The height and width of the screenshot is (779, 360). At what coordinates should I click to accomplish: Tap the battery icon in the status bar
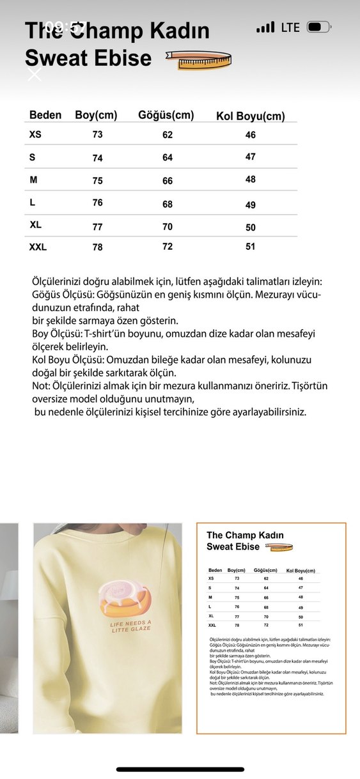tap(318, 27)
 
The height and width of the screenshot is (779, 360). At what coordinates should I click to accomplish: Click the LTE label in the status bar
tap(290, 27)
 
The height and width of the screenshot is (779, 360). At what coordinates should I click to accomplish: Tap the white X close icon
tap(35, 74)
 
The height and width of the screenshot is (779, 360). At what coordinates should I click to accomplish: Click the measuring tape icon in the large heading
tap(198, 59)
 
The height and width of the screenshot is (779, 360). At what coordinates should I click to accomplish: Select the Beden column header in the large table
tap(45, 115)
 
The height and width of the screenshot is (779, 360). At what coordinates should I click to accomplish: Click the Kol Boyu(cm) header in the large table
tap(250, 116)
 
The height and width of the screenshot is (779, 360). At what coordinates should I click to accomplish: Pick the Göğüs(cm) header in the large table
tap(166, 115)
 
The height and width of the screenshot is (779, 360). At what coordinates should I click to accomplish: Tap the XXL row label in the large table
tap(38, 247)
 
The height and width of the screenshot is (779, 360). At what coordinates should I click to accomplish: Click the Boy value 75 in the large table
tap(97, 181)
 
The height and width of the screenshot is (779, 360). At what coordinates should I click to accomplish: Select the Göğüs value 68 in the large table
tap(168, 204)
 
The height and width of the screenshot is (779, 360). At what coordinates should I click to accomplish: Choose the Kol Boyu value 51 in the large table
tap(251, 246)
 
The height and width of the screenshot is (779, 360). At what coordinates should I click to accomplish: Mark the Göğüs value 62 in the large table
tap(168, 135)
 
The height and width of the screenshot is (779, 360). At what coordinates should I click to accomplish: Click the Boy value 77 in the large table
tap(97, 227)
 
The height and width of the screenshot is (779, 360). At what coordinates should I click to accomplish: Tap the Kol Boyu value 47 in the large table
tap(251, 157)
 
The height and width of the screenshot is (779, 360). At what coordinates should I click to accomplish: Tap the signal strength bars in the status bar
tap(265, 27)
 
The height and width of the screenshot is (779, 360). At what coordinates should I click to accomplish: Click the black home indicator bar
tap(180, 769)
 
